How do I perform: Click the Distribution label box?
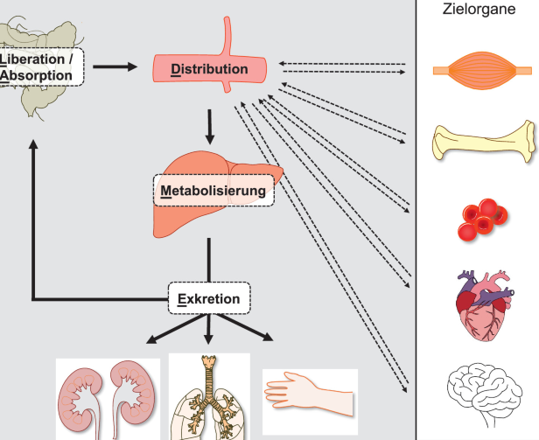[210, 69]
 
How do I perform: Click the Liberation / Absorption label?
[40, 66]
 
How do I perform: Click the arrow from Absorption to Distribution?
[115, 66]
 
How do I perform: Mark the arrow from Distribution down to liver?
[209, 127]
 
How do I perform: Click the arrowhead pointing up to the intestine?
[32, 149]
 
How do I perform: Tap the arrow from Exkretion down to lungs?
[208, 331]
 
